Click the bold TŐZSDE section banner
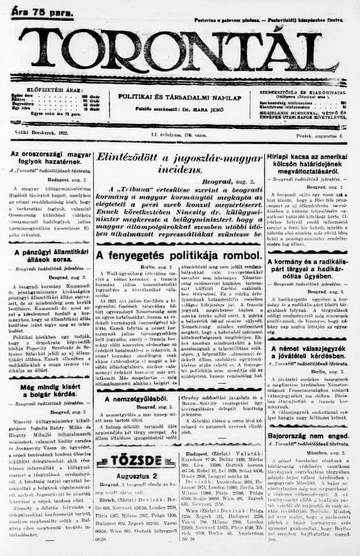coord(130,461)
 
